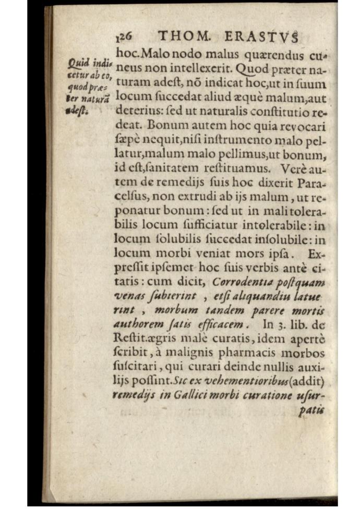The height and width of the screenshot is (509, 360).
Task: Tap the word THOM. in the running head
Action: pos(184,37)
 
